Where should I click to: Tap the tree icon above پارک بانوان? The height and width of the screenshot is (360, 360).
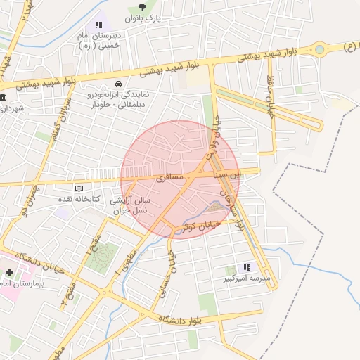[x=143, y=7]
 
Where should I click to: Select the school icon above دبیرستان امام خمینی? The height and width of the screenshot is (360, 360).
[x=98, y=25]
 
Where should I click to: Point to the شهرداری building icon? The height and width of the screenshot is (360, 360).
[x=3, y=97]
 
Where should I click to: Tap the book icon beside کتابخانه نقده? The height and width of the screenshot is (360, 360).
[x=79, y=188]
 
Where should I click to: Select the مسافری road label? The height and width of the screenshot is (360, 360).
[x=169, y=178]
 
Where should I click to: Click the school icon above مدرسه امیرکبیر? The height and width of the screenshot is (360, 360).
[x=247, y=267]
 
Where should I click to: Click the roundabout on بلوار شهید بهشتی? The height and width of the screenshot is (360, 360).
[x=320, y=50]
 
